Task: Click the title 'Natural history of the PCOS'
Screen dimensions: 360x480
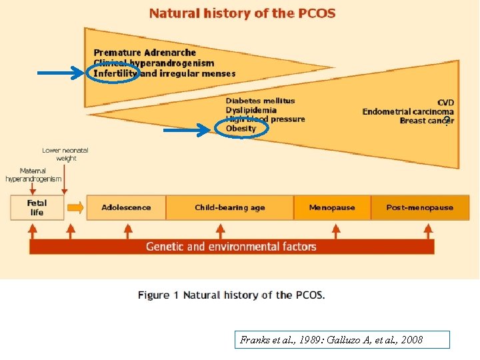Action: coord(242,13)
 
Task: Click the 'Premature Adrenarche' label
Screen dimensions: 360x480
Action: coord(145,53)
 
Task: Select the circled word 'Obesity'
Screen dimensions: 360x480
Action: coord(241,129)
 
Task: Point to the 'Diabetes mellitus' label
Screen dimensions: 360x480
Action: coord(260,101)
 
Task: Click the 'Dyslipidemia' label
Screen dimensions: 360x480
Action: coord(251,111)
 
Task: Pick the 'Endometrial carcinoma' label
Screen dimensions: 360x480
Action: coord(408,112)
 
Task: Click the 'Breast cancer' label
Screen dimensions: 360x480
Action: coord(427,121)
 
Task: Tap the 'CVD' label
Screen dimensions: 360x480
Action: coord(445,103)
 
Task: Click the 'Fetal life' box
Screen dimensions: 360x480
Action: coord(37,207)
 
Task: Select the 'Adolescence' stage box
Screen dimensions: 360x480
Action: coord(126,207)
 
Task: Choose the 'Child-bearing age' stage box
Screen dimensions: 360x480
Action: coord(229,207)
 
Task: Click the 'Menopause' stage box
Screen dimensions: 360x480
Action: coord(332,207)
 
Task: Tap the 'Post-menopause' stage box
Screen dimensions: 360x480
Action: coord(419,207)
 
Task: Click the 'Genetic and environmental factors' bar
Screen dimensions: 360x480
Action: coord(231,247)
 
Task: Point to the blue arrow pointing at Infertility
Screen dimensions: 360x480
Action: coord(61,74)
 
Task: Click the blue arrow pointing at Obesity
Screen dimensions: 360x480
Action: coord(187,131)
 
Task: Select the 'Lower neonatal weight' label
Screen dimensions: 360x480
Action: coord(65,154)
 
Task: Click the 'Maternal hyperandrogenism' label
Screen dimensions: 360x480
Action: coord(33,175)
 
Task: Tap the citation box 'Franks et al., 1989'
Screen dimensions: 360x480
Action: coord(331,340)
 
